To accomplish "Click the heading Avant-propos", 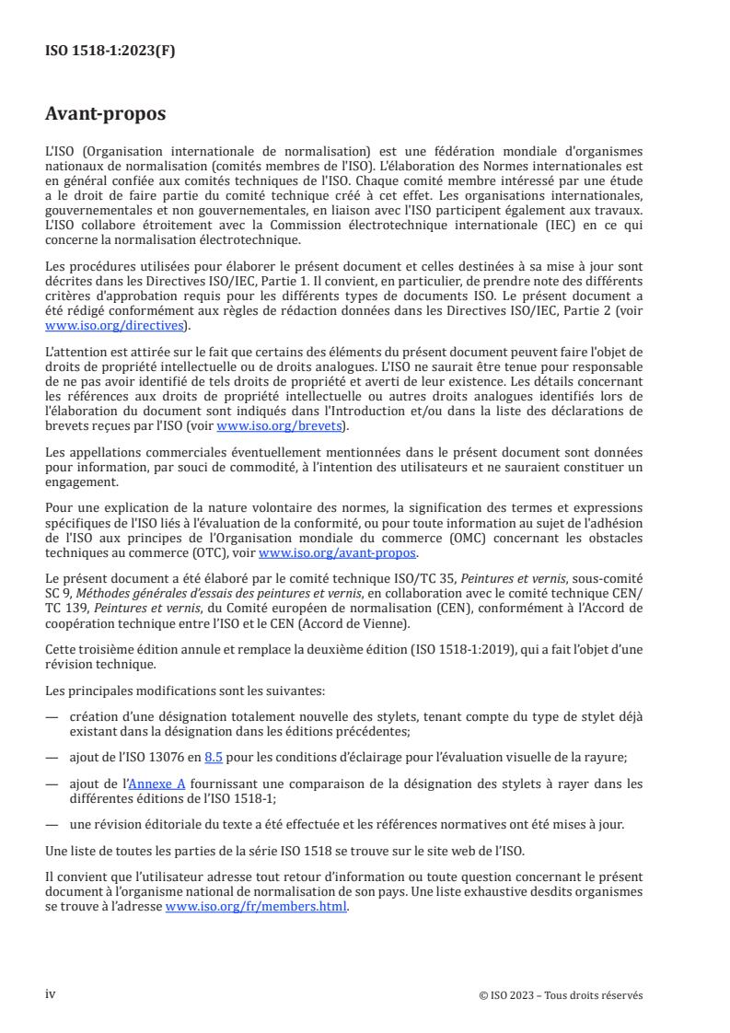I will point(106,115).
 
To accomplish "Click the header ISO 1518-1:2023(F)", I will point(110,52).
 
